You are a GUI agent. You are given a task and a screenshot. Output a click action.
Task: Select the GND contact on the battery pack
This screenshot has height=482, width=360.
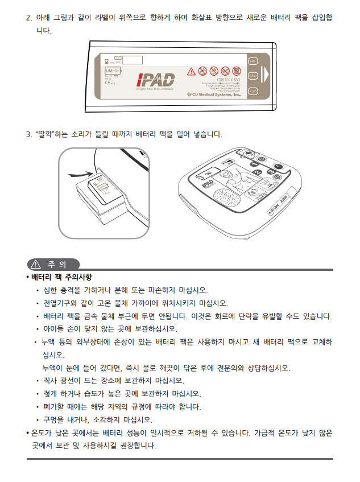[253, 60]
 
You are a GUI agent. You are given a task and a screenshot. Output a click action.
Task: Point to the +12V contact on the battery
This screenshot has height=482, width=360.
[253, 90]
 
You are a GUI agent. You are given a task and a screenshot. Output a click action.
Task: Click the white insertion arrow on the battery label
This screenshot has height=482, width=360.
[264, 75]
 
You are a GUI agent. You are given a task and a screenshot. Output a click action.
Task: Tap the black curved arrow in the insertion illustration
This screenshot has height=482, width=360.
[80, 174]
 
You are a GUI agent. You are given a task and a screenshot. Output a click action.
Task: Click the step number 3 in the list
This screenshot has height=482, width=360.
[28, 134]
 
